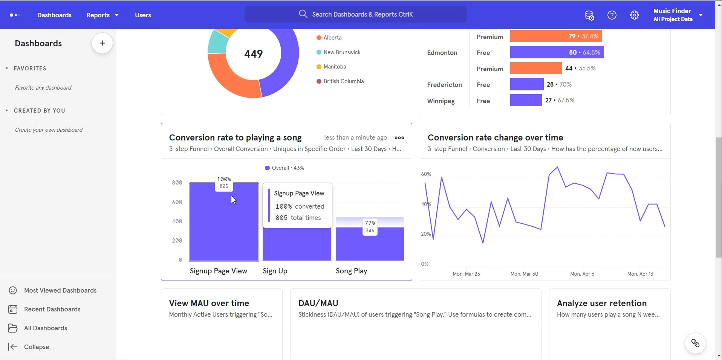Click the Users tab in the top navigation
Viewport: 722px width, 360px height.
tap(143, 15)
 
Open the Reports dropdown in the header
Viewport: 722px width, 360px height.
tap(102, 15)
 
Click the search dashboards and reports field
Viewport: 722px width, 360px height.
tap(355, 14)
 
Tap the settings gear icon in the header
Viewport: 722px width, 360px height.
tap(634, 15)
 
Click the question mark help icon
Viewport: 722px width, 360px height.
tap(612, 15)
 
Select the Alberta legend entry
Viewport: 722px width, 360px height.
tap(332, 38)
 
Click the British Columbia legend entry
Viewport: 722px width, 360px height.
tap(343, 81)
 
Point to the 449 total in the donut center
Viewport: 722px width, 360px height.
tap(253, 54)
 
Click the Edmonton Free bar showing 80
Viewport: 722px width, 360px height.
tap(556, 52)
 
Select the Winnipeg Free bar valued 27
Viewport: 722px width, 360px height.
tap(526, 100)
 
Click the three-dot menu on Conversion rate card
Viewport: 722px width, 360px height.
tap(399, 138)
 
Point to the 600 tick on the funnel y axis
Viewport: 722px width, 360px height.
tap(177, 202)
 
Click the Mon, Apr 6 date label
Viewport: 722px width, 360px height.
tap(582, 274)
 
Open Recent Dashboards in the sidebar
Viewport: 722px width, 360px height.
tap(52, 309)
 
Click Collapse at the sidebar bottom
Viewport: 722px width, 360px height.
tap(36, 347)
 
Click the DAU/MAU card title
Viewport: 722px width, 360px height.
tap(318, 303)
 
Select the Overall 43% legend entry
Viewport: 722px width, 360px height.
tap(285, 168)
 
